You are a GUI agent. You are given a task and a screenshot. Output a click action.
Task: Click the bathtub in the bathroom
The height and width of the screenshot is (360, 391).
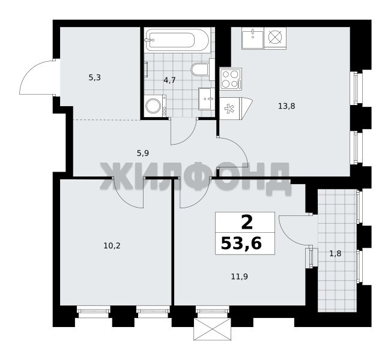click(x=177, y=40)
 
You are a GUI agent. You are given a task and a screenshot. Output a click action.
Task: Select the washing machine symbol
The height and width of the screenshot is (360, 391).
click(x=156, y=106)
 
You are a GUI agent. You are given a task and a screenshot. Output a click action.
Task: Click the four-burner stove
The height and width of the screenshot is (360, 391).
click(x=231, y=79)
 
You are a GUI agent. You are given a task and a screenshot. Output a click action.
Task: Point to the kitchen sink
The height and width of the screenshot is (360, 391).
click(x=253, y=38)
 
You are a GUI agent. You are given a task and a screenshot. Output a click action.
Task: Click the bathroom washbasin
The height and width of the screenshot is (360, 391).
click(x=207, y=98)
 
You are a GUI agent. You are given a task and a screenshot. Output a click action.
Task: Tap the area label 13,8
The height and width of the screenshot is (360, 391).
click(x=286, y=106)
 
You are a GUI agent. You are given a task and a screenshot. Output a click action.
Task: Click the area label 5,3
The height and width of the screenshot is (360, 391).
click(x=94, y=78)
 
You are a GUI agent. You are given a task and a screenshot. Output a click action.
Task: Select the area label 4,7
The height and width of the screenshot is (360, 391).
click(x=169, y=80)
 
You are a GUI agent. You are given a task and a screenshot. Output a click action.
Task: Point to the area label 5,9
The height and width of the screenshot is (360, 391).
click(x=143, y=153)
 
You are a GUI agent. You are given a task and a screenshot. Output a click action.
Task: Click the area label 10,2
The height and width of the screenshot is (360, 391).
click(x=112, y=246)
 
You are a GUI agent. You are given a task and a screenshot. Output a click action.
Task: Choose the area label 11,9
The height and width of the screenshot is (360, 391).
click(x=240, y=277)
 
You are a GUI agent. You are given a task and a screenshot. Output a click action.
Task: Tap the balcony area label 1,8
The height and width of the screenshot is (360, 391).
click(x=335, y=254)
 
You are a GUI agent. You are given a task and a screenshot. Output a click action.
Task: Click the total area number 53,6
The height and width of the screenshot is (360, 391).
click(x=241, y=243)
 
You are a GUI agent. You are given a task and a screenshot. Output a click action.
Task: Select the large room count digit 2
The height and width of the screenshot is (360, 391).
click(x=247, y=223)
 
